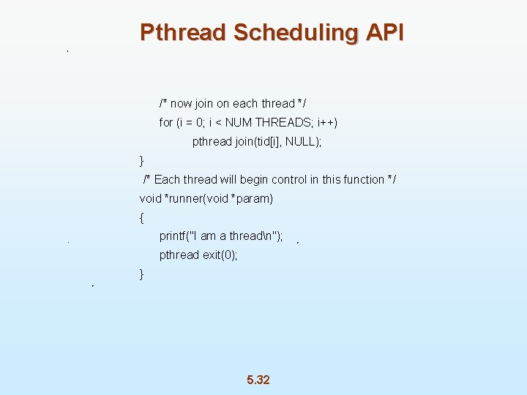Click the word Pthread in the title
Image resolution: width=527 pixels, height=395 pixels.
(x=183, y=33)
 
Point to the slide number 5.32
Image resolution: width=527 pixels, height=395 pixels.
(x=258, y=380)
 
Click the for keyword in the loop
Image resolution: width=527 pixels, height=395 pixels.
(x=165, y=122)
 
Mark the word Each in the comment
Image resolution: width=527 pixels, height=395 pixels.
(x=167, y=180)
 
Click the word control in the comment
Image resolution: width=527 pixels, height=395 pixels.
(x=289, y=180)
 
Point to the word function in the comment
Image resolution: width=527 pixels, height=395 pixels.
(x=362, y=180)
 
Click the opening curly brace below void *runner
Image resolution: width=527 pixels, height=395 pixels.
(x=142, y=217)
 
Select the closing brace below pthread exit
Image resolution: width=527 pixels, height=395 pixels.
(x=142, y=274)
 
